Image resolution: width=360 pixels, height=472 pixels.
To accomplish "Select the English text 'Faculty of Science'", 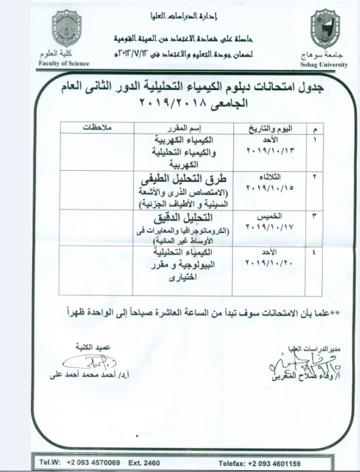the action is point(63,64).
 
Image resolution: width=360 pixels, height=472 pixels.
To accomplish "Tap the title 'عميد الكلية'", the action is point(98,347).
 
